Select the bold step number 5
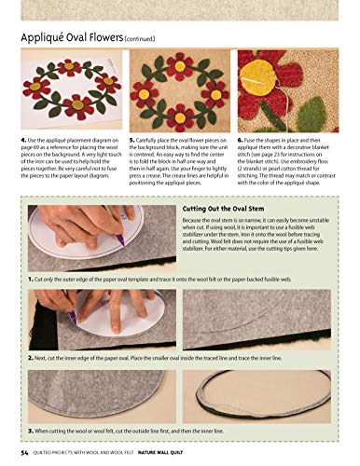(x=132, y=139)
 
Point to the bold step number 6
(x=242, y=139)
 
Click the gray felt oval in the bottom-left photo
(x=93, y=396)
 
